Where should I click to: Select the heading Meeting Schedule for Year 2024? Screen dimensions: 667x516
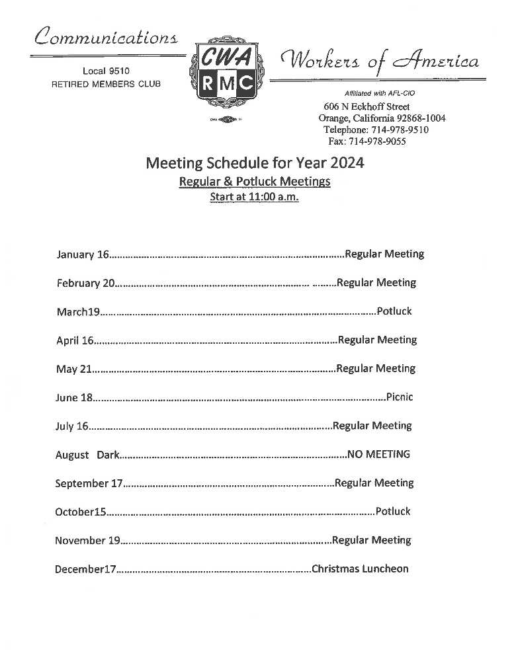(255, 163)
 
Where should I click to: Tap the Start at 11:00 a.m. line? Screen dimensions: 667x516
(254, 197)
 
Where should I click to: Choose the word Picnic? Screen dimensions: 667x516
(399, 397)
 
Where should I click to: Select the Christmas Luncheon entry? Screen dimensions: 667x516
(360, 569)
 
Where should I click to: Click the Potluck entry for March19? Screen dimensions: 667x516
(394, 311)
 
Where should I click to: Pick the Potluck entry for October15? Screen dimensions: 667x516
(393, 512)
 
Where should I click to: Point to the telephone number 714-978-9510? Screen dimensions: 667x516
(376, 130)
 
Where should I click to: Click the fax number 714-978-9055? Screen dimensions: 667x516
(367, 141)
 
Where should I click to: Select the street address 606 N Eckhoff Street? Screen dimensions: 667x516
(366, 106)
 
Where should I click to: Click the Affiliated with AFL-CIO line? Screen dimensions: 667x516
(380, 94)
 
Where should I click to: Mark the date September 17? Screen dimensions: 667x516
(89, 483)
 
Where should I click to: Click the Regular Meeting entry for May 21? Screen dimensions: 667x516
(376, 369)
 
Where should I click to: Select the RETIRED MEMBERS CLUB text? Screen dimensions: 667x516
(106, 84)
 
